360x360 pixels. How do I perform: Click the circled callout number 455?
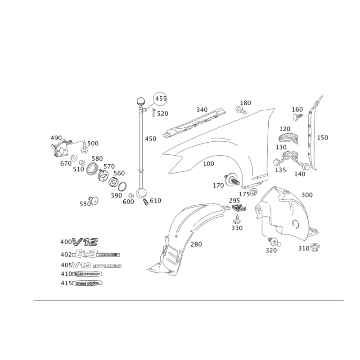[161, 98]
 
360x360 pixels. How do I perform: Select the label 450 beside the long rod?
[150, 139]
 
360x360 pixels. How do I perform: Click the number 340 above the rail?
[202, 109]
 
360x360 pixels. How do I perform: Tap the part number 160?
[297, 109]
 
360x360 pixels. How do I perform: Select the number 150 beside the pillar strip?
[322, 138]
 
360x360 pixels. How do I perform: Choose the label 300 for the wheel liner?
[307, 194]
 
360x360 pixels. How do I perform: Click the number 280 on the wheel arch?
[197, 244]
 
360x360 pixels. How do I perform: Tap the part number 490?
[56, 137]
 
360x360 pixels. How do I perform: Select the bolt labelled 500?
[85, 146]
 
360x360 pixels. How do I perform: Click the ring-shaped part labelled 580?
[94, 168]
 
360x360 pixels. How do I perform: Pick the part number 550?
[85, 203]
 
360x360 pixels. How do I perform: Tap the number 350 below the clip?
[237, 228]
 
